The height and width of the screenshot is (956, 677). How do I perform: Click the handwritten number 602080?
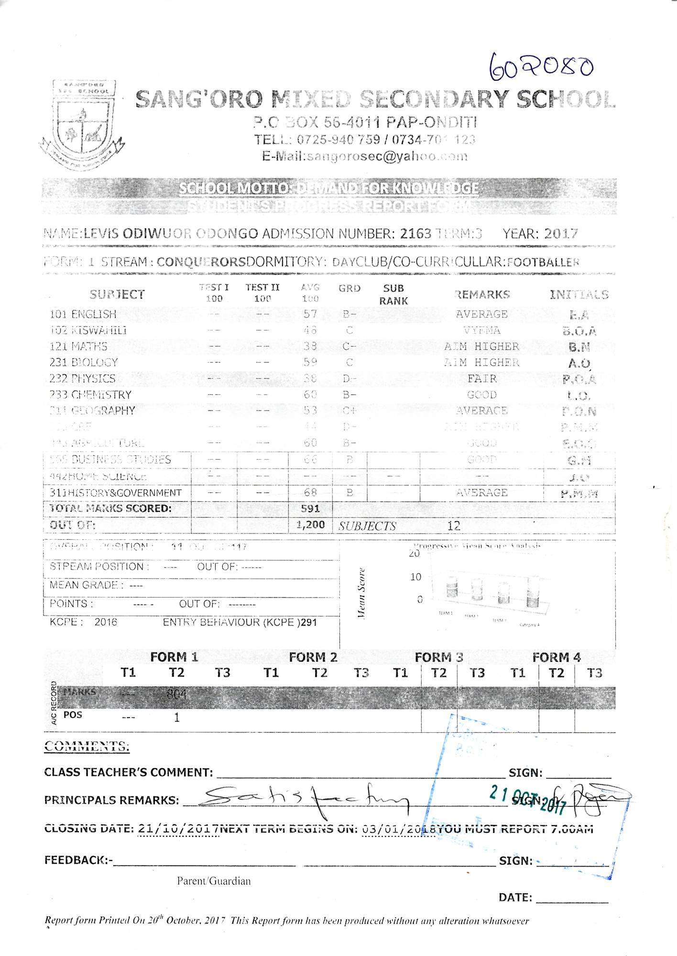541,67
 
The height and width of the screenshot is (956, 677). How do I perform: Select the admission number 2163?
415,234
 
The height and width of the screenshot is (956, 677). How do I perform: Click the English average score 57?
310,314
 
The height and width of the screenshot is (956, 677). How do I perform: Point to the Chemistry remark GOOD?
482,395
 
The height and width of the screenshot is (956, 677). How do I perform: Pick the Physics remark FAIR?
482,379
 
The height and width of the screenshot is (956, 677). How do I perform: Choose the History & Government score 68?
310,492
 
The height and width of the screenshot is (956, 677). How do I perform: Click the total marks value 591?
310,509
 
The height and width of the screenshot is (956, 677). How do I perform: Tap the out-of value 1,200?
310,525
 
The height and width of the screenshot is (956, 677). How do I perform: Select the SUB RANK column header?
393,294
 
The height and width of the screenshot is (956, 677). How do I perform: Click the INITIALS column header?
579,294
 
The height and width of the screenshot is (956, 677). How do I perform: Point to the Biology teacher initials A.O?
579,363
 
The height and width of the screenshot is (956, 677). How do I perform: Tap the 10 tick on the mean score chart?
415,577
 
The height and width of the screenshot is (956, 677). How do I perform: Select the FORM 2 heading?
313,657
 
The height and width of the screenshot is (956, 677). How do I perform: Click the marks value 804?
176,694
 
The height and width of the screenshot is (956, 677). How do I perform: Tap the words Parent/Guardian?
214,881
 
